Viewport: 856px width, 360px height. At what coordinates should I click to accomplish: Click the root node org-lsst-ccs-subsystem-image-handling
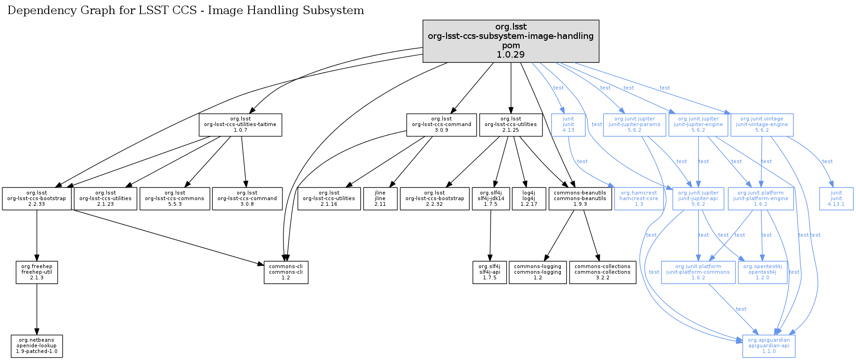(511, 41)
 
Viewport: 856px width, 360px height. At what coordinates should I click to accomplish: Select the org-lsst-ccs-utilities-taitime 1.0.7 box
(240, 125)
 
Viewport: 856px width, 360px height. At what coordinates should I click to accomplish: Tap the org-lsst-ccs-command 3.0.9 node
(441, 125)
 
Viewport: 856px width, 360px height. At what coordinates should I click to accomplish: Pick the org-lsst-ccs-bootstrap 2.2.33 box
(37, 199)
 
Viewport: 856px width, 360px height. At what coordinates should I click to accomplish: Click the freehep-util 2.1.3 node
(37, 272)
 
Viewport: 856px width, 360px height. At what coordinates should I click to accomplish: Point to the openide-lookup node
(37, 346)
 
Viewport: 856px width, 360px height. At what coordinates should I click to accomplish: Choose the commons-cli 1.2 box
(286, 272)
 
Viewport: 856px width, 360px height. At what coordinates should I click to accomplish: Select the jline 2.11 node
(380, 199)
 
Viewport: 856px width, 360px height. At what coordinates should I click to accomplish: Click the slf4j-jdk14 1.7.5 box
(491, 199)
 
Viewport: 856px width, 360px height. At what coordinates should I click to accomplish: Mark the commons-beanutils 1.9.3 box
(580, 199)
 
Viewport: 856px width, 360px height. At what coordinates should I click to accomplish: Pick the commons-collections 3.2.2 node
(603, 272)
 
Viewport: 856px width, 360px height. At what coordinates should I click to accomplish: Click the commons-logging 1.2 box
(537, 272)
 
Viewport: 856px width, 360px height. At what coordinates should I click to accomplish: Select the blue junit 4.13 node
(568, 125)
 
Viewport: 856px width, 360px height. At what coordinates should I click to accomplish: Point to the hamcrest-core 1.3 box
(639, 199)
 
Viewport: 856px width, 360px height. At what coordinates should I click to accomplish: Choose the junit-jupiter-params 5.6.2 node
(634, 125)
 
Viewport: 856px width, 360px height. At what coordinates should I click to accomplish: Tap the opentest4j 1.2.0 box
(762, 272)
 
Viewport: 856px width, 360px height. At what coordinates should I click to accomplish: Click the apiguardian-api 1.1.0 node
(769, 346)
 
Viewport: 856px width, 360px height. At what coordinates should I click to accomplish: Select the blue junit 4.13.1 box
(836, 199)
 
